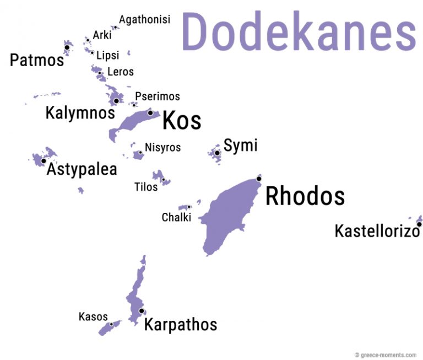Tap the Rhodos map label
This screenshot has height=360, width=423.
pos(305,196)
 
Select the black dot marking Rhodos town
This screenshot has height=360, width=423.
pos(259,178)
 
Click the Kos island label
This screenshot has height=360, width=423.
pos(181,121)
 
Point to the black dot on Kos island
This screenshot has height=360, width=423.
pos(150,112)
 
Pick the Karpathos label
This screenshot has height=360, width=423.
pos(180,325)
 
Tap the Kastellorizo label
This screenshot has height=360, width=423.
pos(377,231)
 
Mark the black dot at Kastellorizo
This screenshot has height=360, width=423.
pos(419,224)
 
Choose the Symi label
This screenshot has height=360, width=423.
pos(240,146)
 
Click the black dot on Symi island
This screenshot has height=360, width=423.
pos(218,153)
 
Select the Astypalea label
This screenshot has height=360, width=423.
pos(82,169)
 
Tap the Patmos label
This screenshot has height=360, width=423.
pos(37,60)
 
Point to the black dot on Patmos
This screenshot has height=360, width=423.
pos(67,47)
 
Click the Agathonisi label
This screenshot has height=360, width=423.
pos(144,20)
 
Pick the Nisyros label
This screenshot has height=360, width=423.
pos(162,148)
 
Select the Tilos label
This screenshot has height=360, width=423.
pos(146,187)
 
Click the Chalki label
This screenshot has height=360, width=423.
pos(176,217)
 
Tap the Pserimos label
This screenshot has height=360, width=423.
pos(158,96)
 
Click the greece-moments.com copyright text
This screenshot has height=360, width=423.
pos(385,355)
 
